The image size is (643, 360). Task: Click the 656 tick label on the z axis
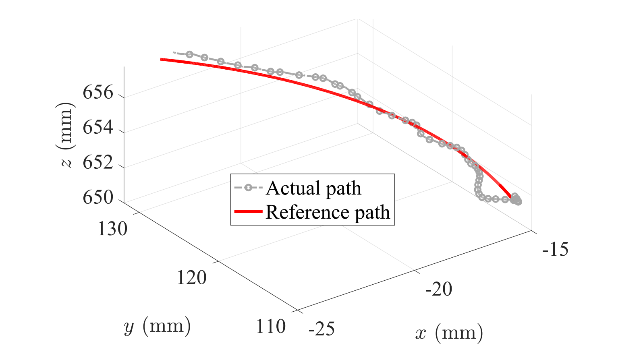pyautogui.click(x=98, y=93)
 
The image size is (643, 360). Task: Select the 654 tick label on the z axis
pyautogui.click(x=98, y=128)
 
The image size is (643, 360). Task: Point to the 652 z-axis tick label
pyautogui.click(x=98, y=163)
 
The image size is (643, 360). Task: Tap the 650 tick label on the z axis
pyautogui.click(x=98, y=197)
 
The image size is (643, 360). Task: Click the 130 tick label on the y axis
pyautogui.click(x=113, y=229)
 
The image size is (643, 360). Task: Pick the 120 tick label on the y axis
pyautogui.click(x=192, y=278)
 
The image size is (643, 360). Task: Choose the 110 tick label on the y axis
pyautogui.click(x=271, y=327)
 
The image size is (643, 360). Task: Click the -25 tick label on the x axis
pyautogui.click(x=321, y=329)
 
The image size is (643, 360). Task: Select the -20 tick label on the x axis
pyautogui.click(x=439, y=289)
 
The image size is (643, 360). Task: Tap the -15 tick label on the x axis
pyautogui.click(x=555, y=250)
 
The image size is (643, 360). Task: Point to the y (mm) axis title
pyautogui.click(x=158, y=326)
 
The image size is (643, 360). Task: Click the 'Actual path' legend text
pyautogui.click(x=313, y=188)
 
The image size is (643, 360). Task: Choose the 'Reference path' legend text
pyautogui.click(x=328, y=212)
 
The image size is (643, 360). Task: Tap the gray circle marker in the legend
pyautogui.click(x=248, y=188)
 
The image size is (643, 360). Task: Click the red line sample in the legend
pyautogui.click(x=248, y=212)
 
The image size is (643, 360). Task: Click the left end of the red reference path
pyautogui.click(x=162, y=59)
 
